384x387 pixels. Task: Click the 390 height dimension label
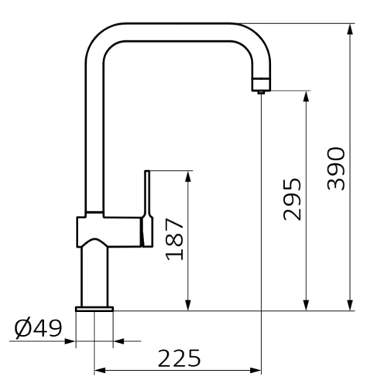click(336, 167)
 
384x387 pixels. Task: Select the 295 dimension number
click(292, 199)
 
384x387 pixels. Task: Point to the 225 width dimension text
click(179, 358)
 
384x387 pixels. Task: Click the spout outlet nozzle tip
click(261, 90)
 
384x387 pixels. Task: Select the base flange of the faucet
click(94, 310)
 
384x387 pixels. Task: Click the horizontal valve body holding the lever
click(108, 231)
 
